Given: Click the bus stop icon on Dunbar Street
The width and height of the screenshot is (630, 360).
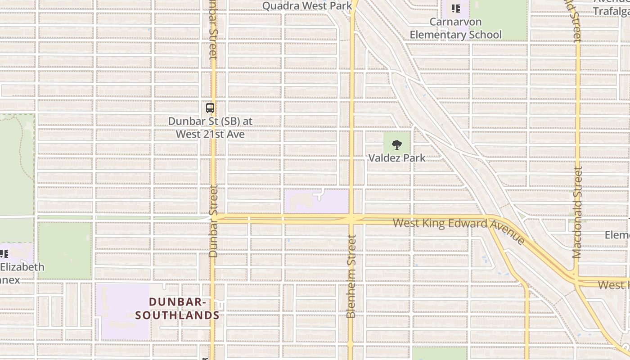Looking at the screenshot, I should point(210,108).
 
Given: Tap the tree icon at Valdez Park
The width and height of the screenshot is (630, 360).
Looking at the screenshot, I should point(396,145).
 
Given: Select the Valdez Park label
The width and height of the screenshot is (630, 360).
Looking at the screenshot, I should point(396,158).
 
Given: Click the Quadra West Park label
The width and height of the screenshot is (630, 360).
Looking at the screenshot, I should point(307,6).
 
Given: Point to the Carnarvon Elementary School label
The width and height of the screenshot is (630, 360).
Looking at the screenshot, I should point(455,28).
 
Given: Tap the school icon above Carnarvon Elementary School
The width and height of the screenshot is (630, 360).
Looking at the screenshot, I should point(456,9).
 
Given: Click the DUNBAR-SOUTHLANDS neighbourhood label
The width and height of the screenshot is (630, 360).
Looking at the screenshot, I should point(177,308).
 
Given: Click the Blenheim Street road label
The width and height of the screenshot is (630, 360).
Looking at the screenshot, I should point(351,275).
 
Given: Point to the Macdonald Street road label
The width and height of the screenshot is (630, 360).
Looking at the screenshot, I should point(577,212).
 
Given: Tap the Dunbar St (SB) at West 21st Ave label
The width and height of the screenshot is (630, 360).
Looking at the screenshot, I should point(210,127).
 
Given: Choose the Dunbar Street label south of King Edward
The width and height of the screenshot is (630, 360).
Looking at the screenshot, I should point(213,220).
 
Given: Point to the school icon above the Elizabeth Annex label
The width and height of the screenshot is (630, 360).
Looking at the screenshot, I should point(4,253).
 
